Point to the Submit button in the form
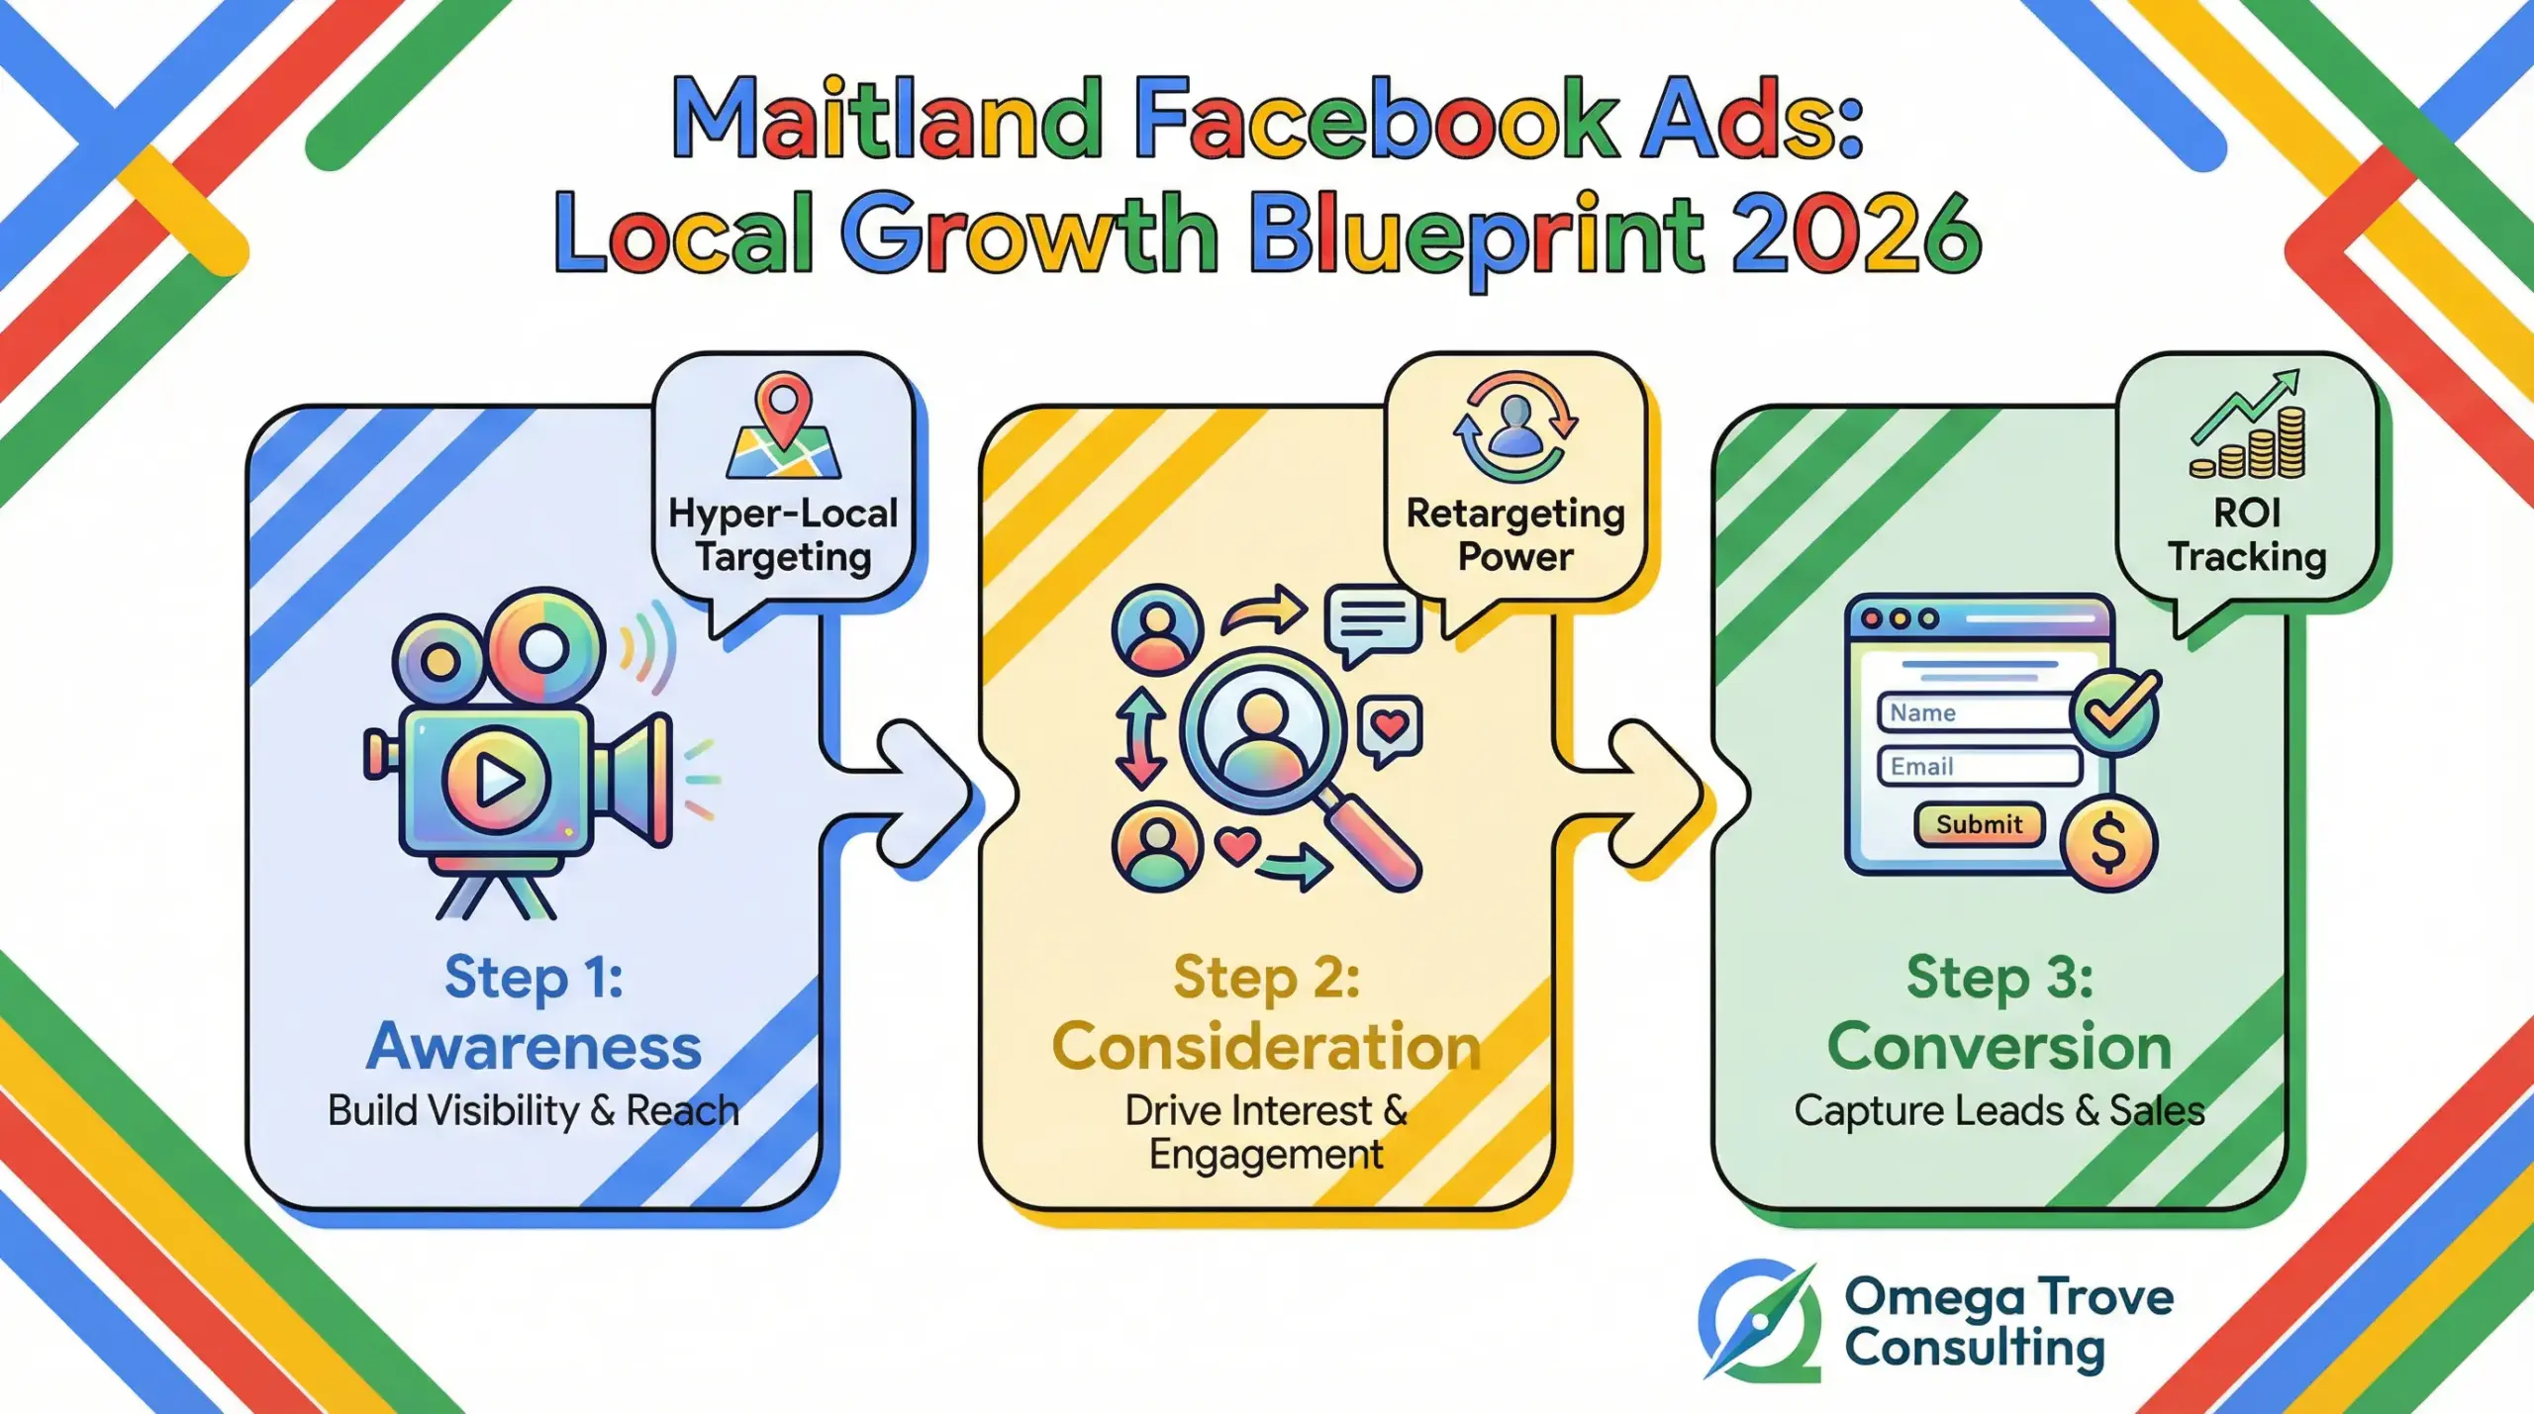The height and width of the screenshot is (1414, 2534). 1979,824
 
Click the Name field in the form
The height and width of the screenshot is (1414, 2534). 1975,712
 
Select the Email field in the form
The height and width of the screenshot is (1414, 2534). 1979,767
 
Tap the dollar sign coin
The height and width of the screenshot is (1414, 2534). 2108,843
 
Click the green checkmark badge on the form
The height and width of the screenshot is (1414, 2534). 2116,712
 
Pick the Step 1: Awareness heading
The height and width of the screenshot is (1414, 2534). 535,1011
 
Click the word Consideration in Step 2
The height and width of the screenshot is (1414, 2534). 1266,1047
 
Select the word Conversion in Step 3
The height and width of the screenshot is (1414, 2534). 1998,1047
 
